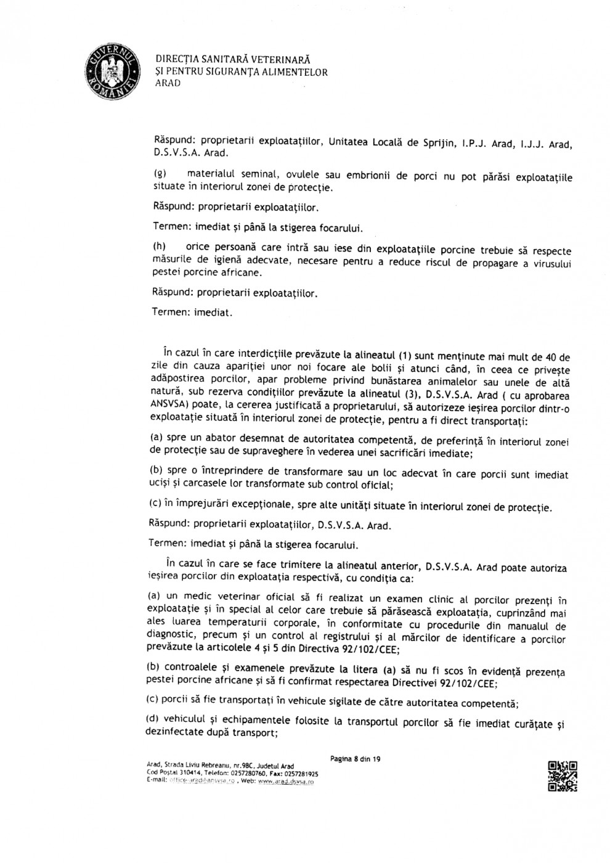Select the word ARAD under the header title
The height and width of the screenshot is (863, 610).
coord(168,84)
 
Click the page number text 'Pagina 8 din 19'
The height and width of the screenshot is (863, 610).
coord(355,759)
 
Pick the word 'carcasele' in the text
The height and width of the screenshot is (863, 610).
coord(201,485)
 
